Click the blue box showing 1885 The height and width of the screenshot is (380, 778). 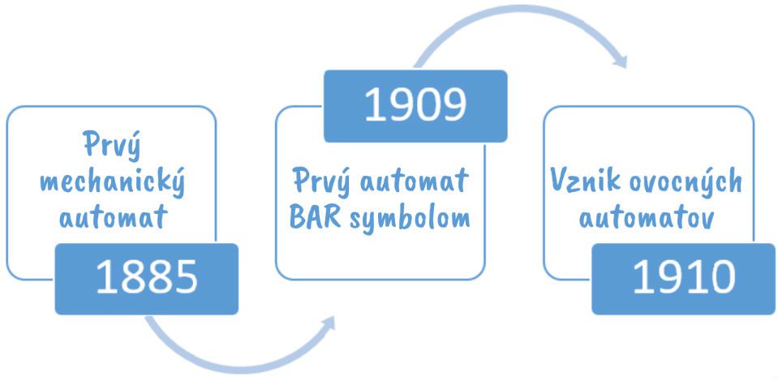[146, 279]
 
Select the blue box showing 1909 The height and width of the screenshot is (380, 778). [415, 106]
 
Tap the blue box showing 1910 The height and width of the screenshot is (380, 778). [683, 279]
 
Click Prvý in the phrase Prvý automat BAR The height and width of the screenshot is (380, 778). [323, 181]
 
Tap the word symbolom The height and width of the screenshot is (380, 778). [410, 219]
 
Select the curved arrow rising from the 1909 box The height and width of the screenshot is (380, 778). [521, 10]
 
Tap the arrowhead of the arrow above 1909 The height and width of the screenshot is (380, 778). [621, 61]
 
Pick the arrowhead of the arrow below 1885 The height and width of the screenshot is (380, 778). [328, 323]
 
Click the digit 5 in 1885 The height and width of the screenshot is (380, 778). [185, 277]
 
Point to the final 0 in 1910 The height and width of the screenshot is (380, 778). [722, 277]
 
